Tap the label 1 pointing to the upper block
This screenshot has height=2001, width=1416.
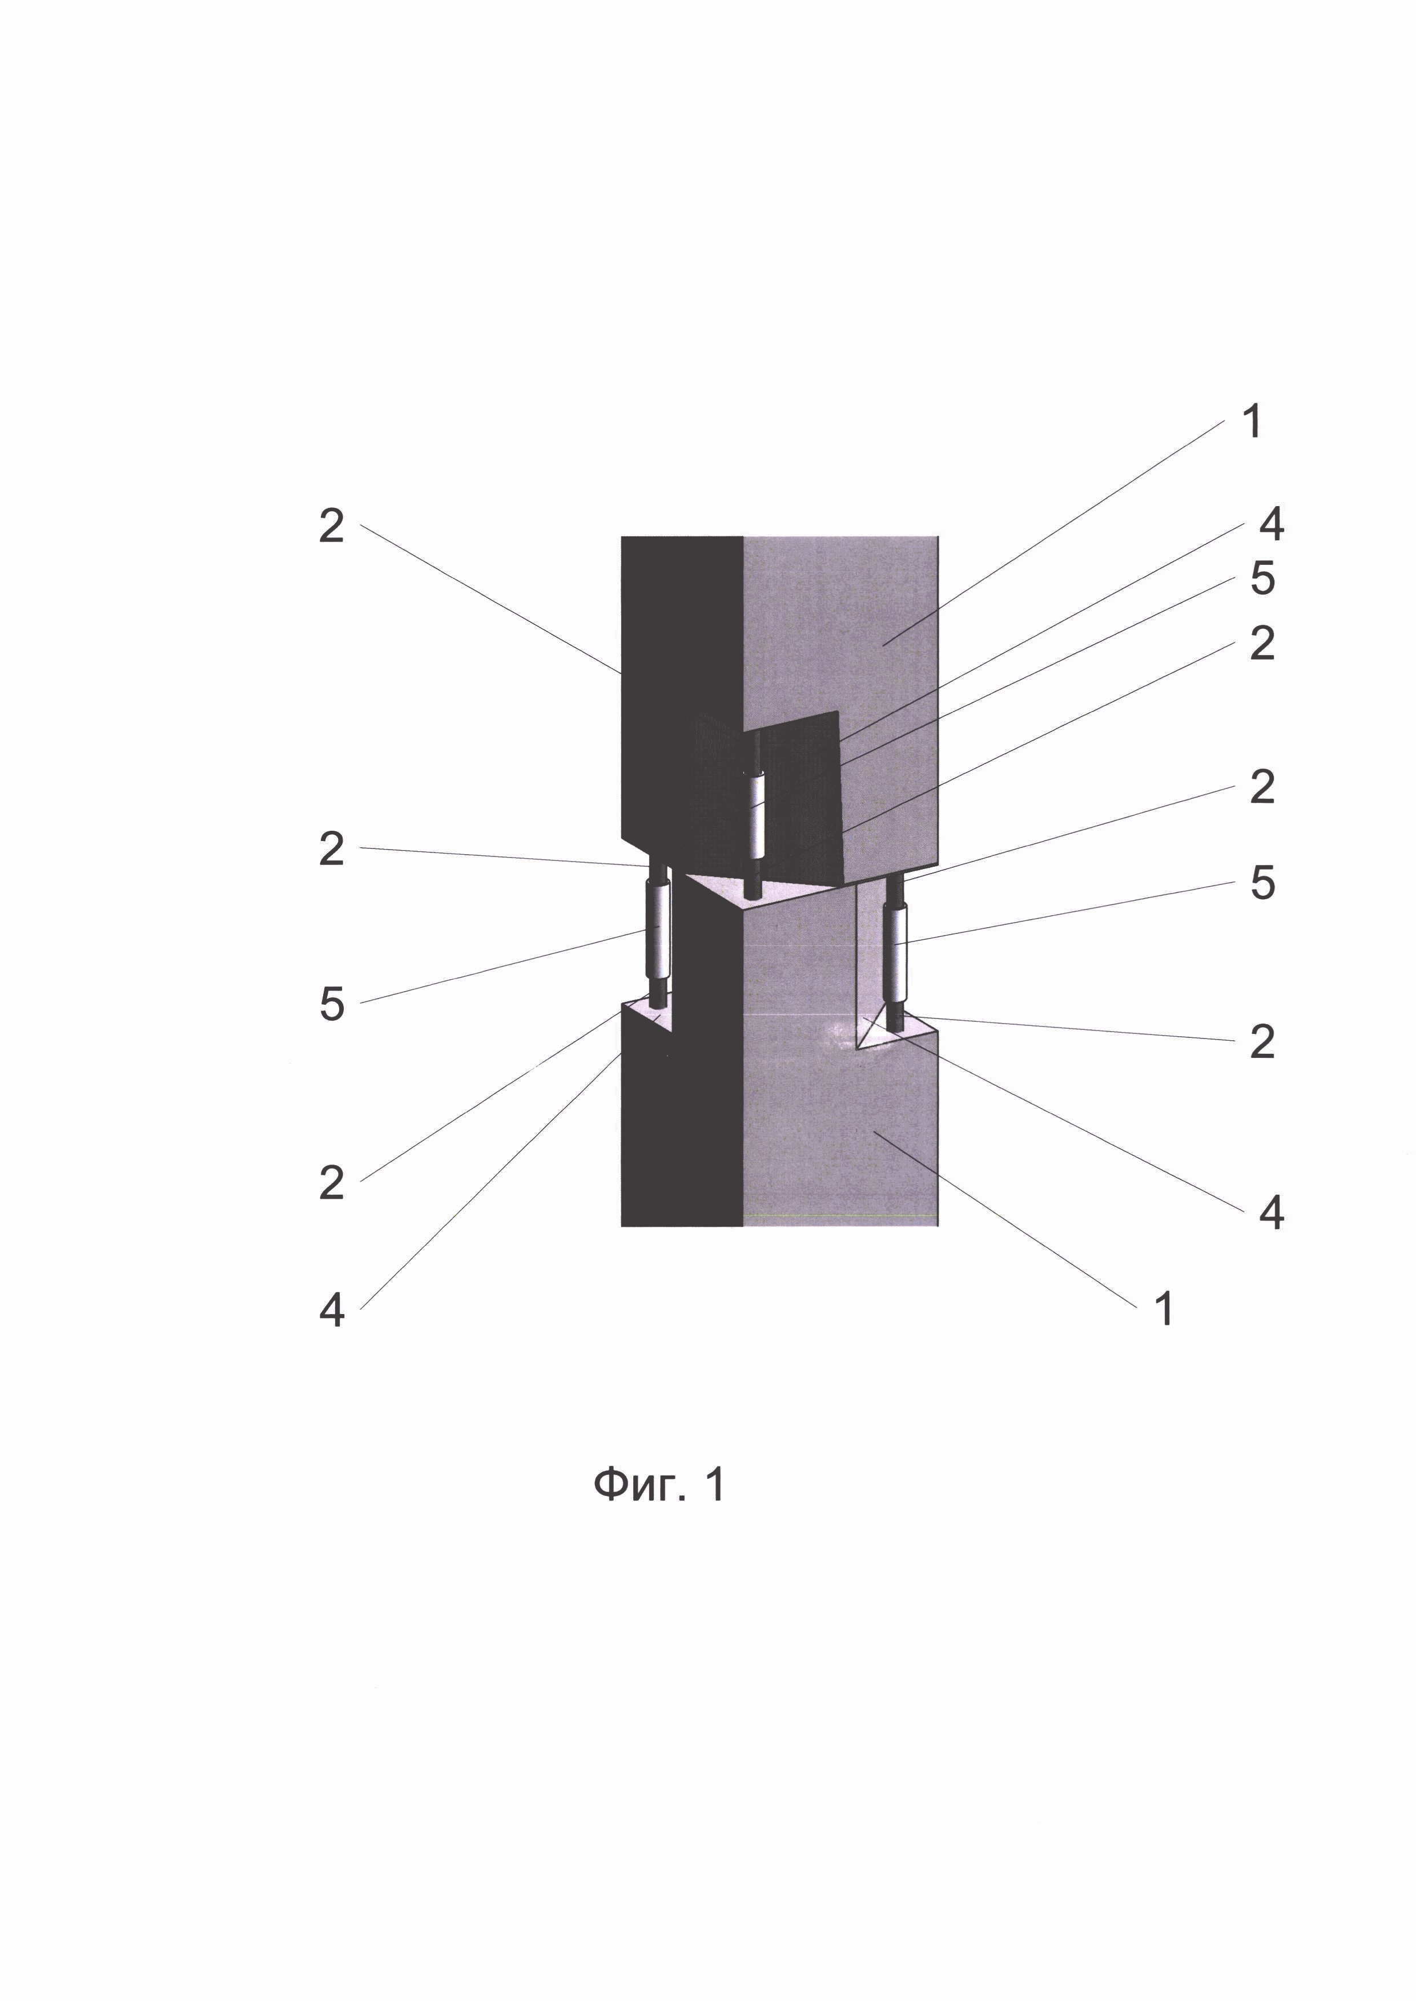(1252, 421)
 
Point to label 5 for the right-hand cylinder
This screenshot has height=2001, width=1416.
(1262, 882)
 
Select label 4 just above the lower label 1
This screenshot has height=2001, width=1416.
(1272, 1212)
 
